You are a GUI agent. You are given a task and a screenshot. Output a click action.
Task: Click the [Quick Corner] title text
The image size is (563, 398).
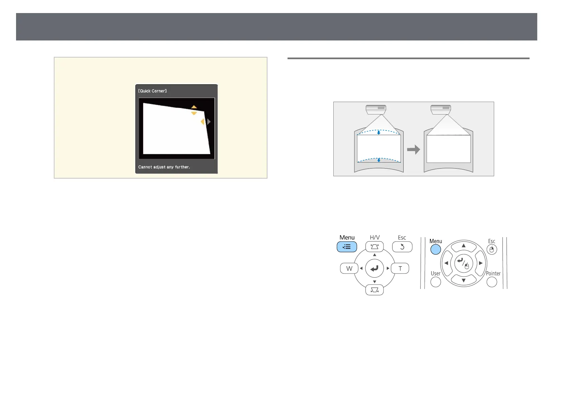[152, 91]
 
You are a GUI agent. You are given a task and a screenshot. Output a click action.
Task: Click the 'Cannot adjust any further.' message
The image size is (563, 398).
[164, 167]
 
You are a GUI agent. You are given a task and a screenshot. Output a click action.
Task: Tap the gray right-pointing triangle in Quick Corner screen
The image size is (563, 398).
[209, 122]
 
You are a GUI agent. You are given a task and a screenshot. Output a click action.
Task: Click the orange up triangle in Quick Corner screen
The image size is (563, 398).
[194, 107]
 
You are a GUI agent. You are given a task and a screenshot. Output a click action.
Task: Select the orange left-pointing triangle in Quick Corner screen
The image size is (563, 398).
[202, 122]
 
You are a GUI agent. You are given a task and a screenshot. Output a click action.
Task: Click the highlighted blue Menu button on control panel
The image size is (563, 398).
[347, 247]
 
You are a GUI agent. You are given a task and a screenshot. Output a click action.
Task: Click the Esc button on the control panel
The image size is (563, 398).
[402, 247]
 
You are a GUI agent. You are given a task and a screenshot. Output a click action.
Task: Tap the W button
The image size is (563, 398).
[349, 268]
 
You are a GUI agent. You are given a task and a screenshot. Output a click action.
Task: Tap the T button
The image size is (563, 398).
[400, 268]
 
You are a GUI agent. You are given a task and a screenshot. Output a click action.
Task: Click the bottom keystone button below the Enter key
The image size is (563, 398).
[374, 290]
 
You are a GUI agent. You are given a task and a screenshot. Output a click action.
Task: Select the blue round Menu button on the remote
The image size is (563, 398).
[436, 250]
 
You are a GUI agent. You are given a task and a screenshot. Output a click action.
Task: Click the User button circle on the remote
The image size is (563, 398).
[436, 282]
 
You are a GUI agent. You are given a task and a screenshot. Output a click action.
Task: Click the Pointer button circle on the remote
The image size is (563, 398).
[492, 282]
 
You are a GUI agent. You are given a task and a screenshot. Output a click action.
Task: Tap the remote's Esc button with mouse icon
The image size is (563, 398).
[492, 250]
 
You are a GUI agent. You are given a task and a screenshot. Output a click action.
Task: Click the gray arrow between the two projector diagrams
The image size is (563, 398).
[414, 149]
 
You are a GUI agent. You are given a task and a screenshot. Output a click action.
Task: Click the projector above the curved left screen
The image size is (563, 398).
[376, 109]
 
